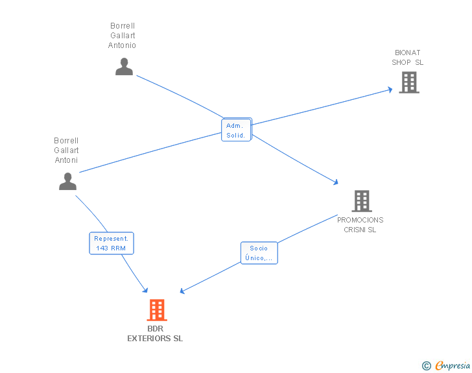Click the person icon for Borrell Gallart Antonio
click(124, 66)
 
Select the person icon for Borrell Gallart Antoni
click(67, 181)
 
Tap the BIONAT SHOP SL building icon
click(409, 82)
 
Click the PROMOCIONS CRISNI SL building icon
click(362, 201)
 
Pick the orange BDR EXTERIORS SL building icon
click(157, 310)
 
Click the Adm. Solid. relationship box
click(236, 130)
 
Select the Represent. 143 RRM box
click(112, 243)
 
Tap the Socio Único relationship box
click(259, 253)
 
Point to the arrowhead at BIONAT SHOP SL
click(390, 90)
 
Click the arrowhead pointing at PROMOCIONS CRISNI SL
click(336, 182)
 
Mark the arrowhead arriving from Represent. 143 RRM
click(145, 290)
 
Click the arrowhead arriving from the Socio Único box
click(182, 291)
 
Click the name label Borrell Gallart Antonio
click(122, 35)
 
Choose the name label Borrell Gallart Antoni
click(66, 150)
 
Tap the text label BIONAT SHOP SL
click(407, 57)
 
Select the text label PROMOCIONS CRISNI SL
click(360, 224)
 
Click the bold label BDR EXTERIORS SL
click(155, 333)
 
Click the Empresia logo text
click(453, 366)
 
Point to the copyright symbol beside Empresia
click(426, 366)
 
